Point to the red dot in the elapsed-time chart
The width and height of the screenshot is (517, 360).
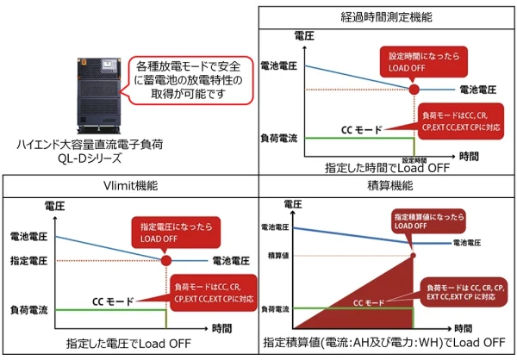pyautogui.click(x=413, y=89)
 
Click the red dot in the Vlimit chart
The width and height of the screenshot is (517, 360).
pyautogui.click(x=165, y=259)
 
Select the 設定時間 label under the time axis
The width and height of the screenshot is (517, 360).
pyautogui.click(x=414, y=159)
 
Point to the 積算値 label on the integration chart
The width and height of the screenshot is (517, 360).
pyautogui.click(x=277, y=255)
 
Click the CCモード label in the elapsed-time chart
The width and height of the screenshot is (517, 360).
pyautogui.click(x=362, y=127)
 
